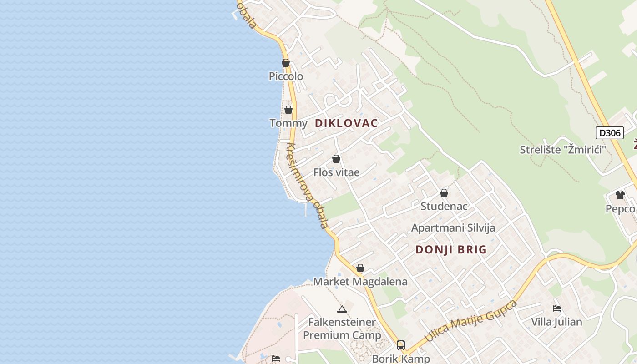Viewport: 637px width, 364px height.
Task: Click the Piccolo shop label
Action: click(x=286, y=76)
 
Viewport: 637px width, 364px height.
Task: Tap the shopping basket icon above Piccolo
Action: click(x=286, y=63)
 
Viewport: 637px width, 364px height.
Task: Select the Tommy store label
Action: click(x=288, y=123)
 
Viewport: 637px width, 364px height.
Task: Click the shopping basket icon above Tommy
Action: click(x=288, y=110)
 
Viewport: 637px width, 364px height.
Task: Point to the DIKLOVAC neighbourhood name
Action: click(x=346, y=123)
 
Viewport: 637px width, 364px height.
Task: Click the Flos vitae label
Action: click(x=336, y=172)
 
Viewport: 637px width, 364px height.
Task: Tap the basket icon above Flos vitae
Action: click(x=336, y=159)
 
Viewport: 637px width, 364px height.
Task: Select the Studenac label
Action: click(x=444, y=206)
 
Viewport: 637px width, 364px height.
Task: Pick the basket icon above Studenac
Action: click(x=444, y=193)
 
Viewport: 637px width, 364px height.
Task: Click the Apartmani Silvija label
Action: click(x=453, y=227)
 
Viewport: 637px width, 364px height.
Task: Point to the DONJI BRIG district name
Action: click(x=451, y=249)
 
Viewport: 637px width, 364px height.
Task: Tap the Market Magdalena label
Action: click(x=360, y=282)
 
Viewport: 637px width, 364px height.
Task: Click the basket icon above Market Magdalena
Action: click(x=360, y=268)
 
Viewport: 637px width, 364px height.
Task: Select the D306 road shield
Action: click(x=609, y=133)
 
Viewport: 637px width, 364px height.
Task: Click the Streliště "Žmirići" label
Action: click(x=563, y=149)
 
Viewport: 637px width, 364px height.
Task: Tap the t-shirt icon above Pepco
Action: click(x=620, y=195)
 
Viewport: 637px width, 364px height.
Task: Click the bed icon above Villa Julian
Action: click(x=556, y=308)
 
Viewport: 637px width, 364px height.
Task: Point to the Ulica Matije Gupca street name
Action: click(x=470, y=321)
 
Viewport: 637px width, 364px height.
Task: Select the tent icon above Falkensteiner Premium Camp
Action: click(x=342, y=309)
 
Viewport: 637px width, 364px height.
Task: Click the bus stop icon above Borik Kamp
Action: click(x=400, y=345)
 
